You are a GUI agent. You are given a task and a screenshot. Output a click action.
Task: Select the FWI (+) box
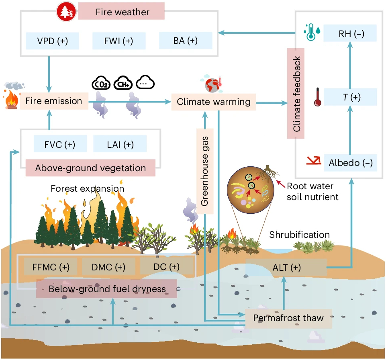(x=119, y=41)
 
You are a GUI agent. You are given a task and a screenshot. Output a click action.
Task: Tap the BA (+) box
(x=185, y=41)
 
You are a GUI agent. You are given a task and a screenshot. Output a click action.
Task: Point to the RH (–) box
(x=350, y=34)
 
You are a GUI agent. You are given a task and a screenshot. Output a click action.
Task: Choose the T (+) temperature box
(x=350, y=97)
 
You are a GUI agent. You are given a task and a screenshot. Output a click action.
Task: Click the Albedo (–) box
(x=350, y=163)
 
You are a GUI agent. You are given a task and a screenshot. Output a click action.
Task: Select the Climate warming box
(x=214, y=102)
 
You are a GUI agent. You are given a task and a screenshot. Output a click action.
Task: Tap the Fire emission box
(x=54, y=101)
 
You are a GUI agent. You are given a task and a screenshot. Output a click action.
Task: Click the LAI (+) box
(x=120, y=144)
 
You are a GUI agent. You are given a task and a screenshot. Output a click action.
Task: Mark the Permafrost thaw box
(x=288, y=318)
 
